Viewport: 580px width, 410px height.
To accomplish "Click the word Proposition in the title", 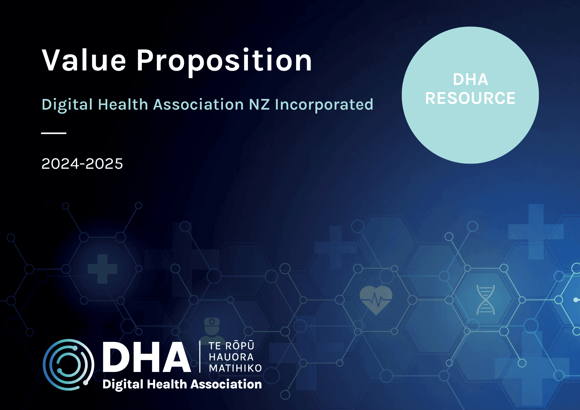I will [x=224, y=61].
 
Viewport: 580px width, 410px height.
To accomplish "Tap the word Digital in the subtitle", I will [x=67, y=104].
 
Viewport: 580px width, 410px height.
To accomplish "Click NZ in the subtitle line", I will [x=259, y=104].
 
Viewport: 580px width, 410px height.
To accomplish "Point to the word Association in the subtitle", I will [x=198, y=104].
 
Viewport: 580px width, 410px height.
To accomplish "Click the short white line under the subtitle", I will [x=54, y=133].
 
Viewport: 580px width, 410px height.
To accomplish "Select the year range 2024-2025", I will [x=82, y=164].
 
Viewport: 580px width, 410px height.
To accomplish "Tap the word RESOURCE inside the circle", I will [x=470, y=98].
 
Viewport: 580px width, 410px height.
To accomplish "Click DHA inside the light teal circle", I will [x=470, y=79].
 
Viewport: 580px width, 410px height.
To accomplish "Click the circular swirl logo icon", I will [x=68, y=364].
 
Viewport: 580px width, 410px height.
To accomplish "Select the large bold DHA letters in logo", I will [x=146, y=357].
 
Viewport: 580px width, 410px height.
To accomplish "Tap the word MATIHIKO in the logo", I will [x=235, y=368].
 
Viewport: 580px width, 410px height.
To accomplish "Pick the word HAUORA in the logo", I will [x=231, y=357].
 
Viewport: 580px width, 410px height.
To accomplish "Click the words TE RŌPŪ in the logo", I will [x=231, y=346].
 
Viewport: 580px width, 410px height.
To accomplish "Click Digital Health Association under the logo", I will [x=182, y=384].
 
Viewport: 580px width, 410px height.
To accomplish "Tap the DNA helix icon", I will [x=485, y=300].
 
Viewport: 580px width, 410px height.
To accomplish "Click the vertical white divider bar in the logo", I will [x=200, y=357].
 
